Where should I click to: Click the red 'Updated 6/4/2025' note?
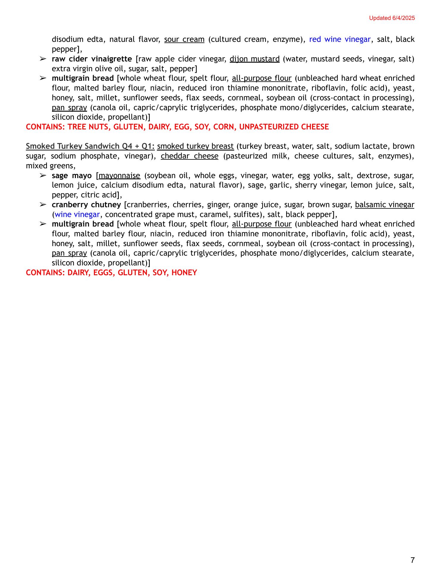coord(392,18)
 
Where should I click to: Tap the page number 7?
coord(412,560)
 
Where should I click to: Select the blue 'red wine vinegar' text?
coord(340,39)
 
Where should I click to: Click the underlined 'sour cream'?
coord(184,39)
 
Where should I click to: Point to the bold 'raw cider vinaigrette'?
coord(92,59)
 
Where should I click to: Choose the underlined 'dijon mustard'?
coord(254,59)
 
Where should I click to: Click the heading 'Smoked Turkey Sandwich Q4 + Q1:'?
coord(90,146)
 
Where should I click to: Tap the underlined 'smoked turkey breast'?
coord(195,146)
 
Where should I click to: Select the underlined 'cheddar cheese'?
coord(189,156)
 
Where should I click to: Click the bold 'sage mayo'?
coord(72,175)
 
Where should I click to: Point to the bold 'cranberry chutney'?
coord(86,205)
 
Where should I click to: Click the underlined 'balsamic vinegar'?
coord(385,205)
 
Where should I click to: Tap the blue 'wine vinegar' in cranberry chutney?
coord(77,214)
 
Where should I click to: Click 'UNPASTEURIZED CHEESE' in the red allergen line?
coord(284,127)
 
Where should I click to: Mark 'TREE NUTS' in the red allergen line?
coord(87,127)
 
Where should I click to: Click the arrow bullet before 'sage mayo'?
coord(43,175)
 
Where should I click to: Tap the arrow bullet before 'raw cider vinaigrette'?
coord(43,59)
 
